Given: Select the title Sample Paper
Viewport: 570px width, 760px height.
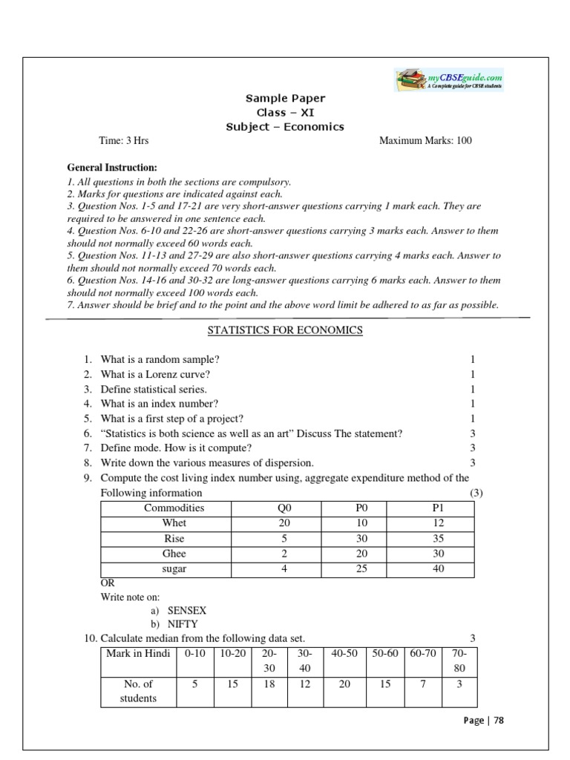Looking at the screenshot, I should pyautogui.click(x=285, y=99).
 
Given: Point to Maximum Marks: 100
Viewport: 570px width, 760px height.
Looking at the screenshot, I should pyautogui.click(x=425, y=141).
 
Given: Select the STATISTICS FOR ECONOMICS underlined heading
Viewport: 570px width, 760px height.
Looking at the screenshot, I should pyautogui.click(x=284, y=330).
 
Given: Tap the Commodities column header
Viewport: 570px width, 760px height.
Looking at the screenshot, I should pyautogui.click(x=174, y=508).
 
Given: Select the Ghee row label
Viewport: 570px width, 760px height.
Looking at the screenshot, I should pyautogui.click(x=174, y=554).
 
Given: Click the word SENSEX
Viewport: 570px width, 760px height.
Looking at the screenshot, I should pyautogui.click(x=187, y=610).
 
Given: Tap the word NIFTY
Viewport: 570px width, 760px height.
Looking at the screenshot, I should pyautogui.click(x=183, y=624).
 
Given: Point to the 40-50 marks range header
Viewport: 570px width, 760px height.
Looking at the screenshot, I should pyautogui.click(x=344, y=653).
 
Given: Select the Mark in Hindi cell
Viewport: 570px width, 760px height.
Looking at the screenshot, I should pyautogui.click(x=138, y=653).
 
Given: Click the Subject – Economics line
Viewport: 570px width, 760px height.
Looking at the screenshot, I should pyautogui.click(x=285, y=127).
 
